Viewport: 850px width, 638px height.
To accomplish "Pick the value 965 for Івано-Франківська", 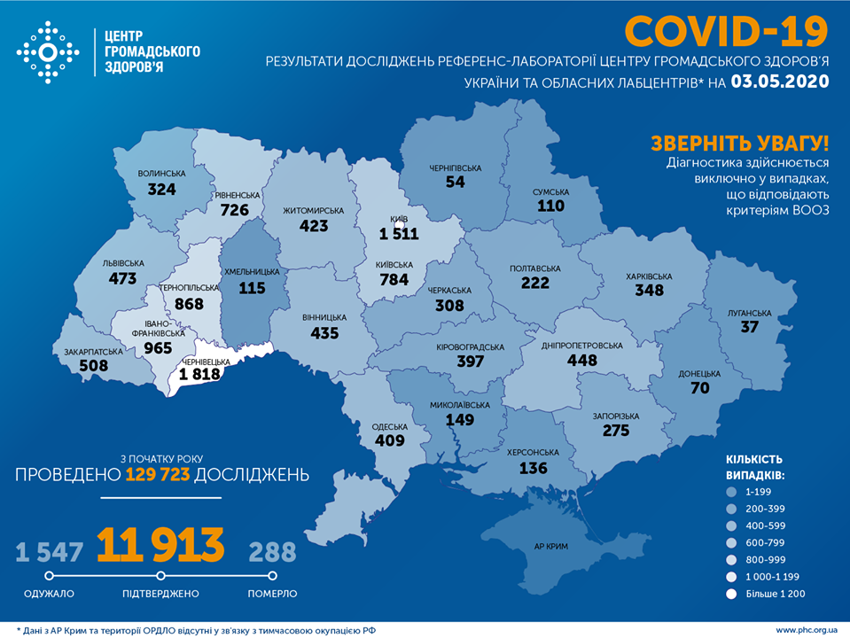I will coord(158,347).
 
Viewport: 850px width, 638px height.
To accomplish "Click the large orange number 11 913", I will coord(160,547).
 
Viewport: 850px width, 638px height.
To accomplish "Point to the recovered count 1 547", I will coord(50,552).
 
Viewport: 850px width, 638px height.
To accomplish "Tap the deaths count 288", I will coord(272,552).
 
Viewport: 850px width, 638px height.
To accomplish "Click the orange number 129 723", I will coord(158,474).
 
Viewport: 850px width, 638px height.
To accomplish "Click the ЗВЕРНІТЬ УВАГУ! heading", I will coord(740,143).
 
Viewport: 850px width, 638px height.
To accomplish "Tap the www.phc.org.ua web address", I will coord(805,630).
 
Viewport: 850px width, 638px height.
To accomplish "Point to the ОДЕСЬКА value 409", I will coord(389,440).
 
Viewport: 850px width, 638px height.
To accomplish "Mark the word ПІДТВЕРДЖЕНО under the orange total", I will coord(160,593).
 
